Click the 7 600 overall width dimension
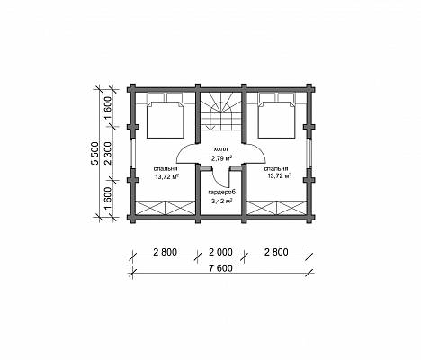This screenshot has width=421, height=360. [220, 268]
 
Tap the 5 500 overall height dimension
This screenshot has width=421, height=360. [95, 153]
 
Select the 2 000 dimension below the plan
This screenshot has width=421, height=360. [220, 252]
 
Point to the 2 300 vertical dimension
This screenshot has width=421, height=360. [108, 153]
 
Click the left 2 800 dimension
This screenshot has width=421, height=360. [165, 252]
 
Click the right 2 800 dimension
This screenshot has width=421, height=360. [276, 252]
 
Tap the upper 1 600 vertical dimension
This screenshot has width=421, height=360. [108, 108]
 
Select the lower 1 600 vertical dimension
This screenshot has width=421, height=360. [108, 199]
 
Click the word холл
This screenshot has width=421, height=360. [220, 149]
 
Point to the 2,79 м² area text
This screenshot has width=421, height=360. [222, 158]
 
